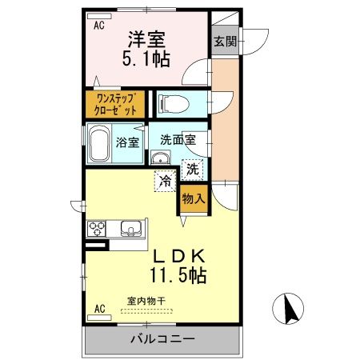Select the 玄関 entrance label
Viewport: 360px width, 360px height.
224,42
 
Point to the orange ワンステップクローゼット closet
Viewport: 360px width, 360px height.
116,104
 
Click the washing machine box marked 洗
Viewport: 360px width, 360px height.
193,169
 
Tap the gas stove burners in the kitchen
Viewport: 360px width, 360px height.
98,228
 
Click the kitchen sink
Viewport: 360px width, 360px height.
130,229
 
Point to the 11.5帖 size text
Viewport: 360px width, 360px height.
177,276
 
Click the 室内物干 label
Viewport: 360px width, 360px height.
146,302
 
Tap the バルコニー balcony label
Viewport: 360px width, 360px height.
162,339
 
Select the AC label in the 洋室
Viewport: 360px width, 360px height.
99,26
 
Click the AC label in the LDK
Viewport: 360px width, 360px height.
101,308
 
